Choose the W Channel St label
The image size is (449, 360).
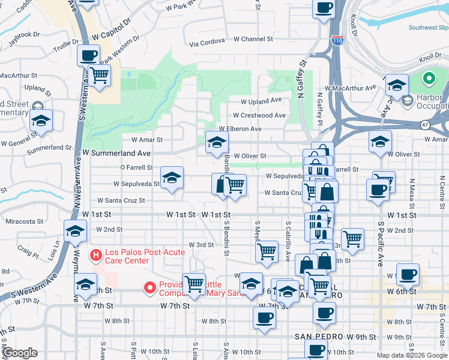(x=253, y=39)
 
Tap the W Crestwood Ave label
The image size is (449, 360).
(x=259, y=115)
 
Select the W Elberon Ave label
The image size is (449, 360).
(x=240, y=128)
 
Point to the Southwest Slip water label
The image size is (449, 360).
(x=428, y=28)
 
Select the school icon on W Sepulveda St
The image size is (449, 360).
(x=172, y=178)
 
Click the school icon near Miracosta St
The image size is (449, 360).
(x=75, y=231)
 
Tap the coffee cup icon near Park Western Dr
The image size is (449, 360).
(x=88, y=56)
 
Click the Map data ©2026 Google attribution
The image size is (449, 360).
(x=411, y=355)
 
